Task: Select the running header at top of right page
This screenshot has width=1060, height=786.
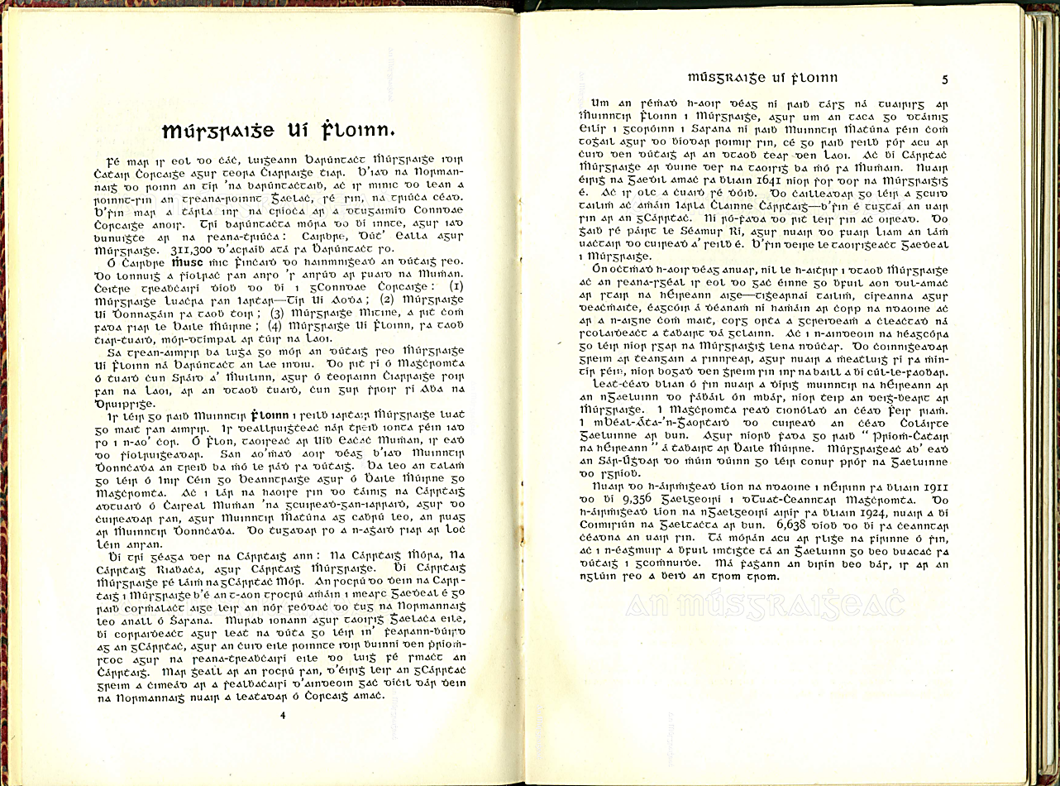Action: point(752,78)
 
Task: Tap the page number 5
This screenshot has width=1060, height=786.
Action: point(944,79)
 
